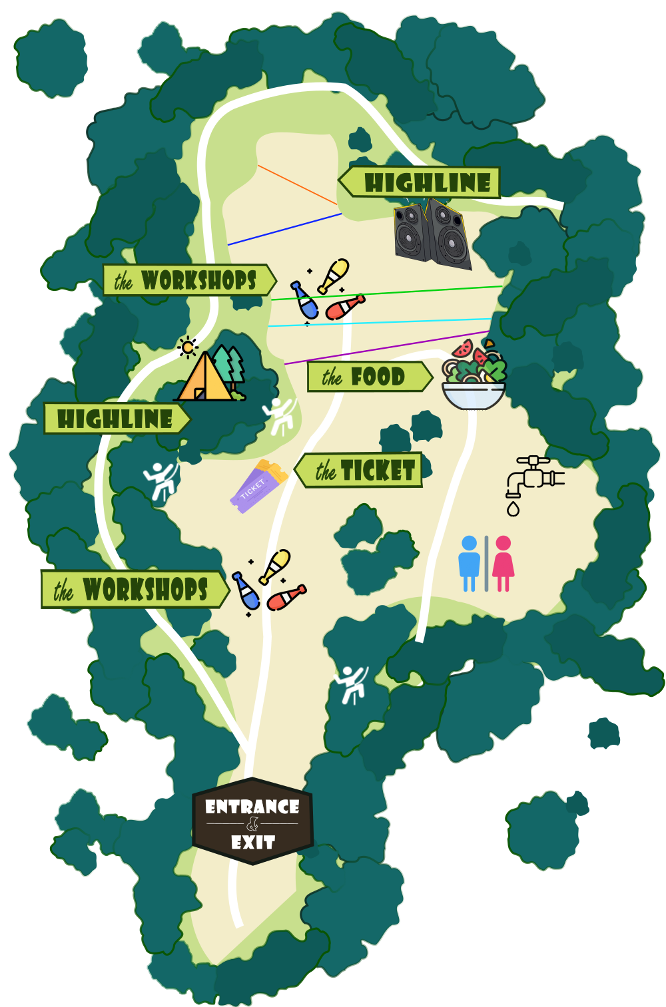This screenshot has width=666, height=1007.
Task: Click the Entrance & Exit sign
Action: (252, 821)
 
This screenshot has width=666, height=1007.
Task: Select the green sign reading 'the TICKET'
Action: (360, 471)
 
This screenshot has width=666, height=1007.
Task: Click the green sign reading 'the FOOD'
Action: (368, 377)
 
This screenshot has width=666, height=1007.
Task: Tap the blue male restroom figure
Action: (470, 563)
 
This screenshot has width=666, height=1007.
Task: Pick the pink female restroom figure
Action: (503, 563)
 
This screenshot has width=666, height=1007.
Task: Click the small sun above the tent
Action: (188, 347)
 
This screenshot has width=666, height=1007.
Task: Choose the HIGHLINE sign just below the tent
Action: (117, 419)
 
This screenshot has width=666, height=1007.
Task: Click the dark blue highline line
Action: (285, 229)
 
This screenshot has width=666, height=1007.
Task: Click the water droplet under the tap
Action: (513, 510)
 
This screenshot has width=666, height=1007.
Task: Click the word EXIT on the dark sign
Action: (253, 843)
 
